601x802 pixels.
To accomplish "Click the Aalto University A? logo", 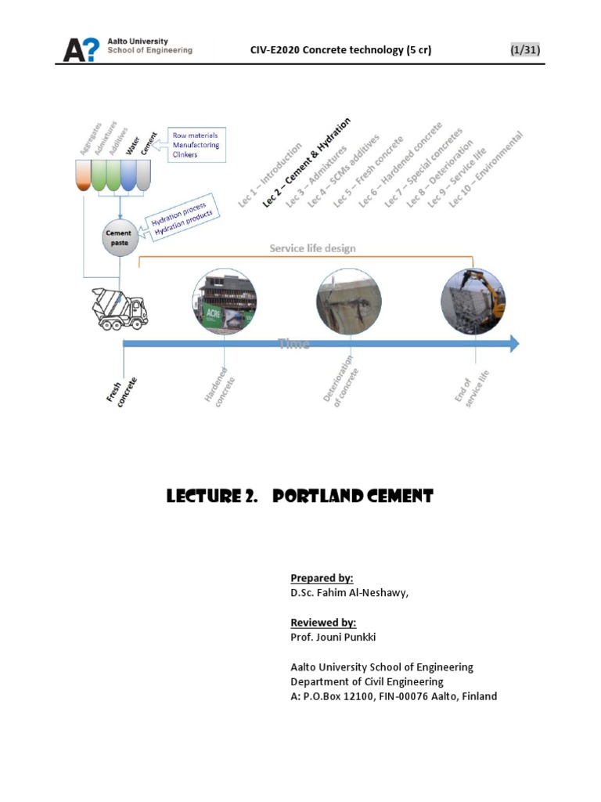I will coord(81,50).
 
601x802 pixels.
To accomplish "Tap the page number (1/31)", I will coord(524,50).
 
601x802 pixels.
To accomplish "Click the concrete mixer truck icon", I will coord(119,308).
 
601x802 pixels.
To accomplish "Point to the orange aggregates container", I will coord(83,175).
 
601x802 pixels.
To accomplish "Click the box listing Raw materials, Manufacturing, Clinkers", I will coord(196,145).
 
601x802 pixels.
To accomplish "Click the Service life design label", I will coord(312,248).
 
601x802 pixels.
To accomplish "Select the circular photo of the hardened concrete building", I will coord(224,302).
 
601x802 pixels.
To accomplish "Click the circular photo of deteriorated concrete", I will coord(349,302).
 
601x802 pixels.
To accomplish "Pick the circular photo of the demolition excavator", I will coord(473,302).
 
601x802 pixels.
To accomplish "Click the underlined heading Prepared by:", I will coord(322,578).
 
